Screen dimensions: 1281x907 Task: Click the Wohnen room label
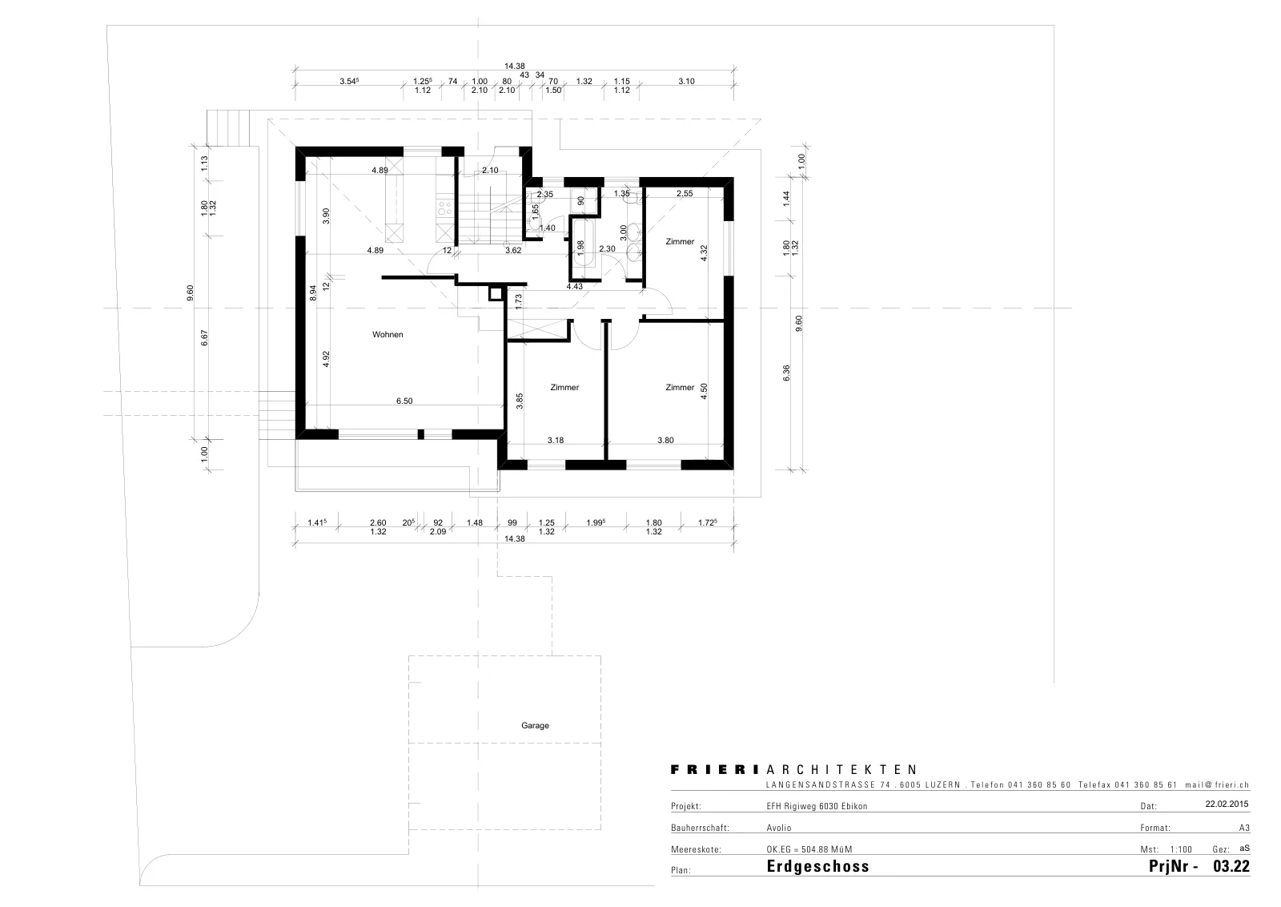pos(388,335)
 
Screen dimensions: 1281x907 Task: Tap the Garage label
pos(535,726)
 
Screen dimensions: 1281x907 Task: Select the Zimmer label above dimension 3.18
pos(564,388)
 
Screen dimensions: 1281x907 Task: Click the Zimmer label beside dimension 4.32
pos(680,241)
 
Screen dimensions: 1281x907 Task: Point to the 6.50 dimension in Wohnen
pos(404,401)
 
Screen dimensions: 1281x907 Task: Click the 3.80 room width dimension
pos(665,440)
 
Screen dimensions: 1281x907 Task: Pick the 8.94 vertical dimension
pos(313,293)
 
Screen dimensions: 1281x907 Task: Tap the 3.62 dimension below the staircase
pos(513,250)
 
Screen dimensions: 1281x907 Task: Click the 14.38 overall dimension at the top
pos(514,67)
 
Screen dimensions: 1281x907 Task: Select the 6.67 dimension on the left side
pos(205,337)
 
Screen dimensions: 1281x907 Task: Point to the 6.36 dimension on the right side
pos(786,373)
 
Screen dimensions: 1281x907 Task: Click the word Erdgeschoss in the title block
pos(817,866)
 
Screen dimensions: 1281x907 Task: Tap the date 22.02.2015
pos(1227,804)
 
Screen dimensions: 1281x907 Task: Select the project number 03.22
pos(1231,866)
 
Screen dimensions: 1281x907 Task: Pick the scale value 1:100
pos(1181,849)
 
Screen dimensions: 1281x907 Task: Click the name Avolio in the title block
pos(779,828)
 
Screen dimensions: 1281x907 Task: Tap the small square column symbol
pos(496,294)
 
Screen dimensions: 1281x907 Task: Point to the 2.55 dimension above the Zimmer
pos(685,193)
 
